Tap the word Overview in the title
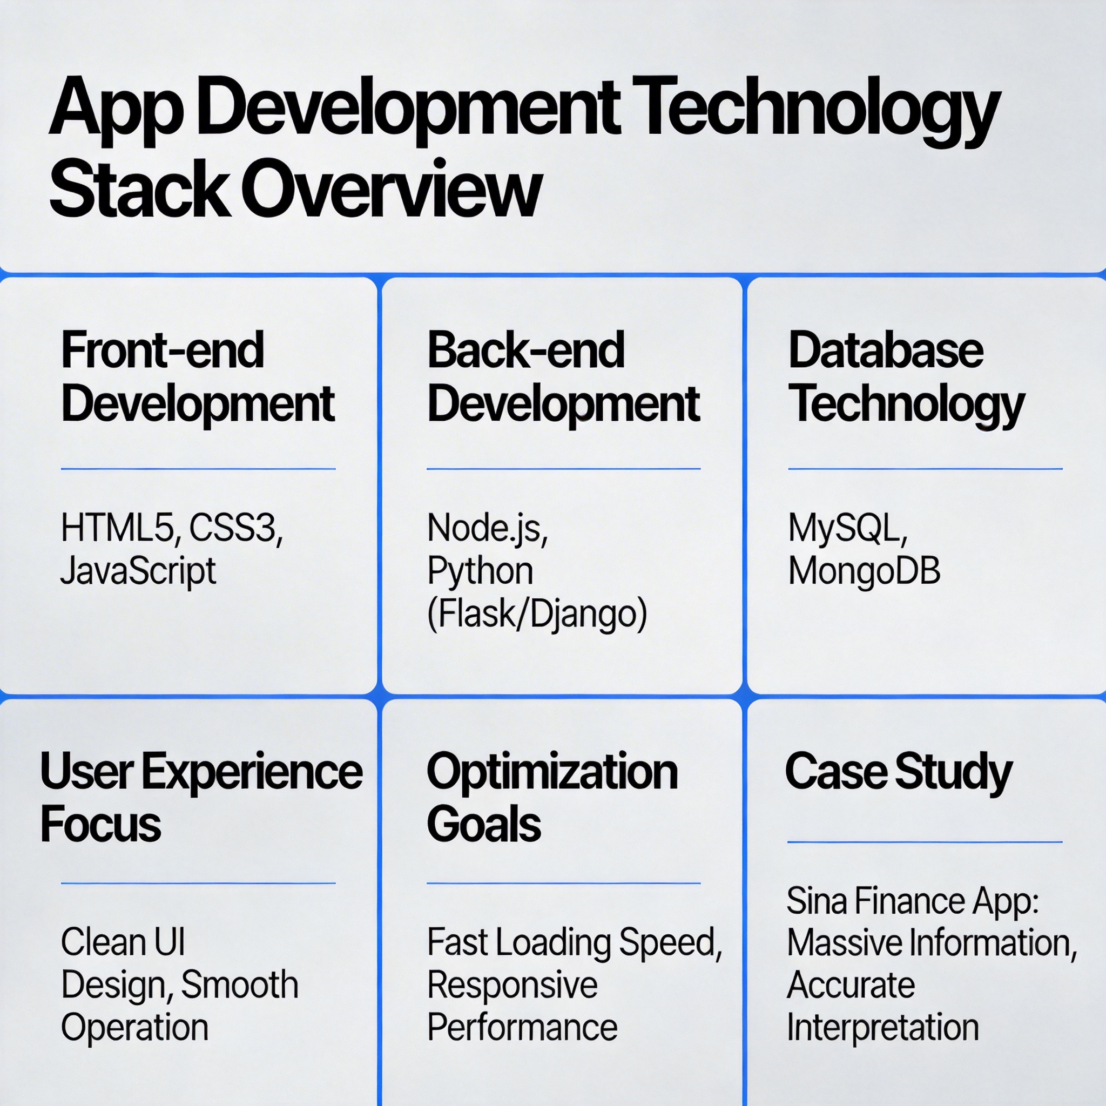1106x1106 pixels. point(391,188)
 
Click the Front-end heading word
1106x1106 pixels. point(163,350)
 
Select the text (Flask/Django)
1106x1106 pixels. point(537,613)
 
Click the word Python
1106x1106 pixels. point(480,571)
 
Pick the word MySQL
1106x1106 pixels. point(848,528)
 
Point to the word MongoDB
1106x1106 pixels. point(865,571)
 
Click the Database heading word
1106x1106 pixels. point(886,350)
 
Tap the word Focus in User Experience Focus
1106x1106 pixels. point(101,825)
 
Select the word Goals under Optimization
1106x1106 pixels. point(484,825)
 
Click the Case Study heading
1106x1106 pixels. point(899,772)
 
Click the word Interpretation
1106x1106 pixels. point(883,1028)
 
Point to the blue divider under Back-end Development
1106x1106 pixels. point(563,469)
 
